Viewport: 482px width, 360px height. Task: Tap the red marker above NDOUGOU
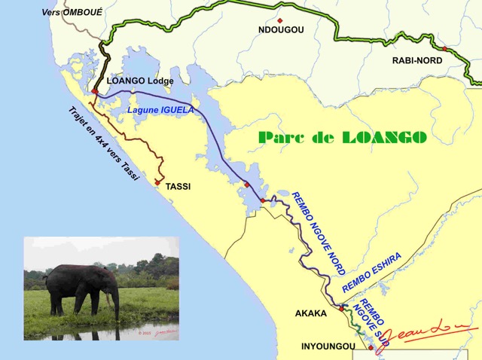click(279, 20)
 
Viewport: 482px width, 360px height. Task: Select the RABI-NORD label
click(416, 61)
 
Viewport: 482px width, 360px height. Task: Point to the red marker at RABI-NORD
click(444, 49)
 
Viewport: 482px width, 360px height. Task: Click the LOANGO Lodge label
click(141, 81)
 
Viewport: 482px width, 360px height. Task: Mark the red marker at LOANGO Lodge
click(95, 92)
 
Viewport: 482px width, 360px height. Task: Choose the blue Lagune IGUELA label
click(160, 110)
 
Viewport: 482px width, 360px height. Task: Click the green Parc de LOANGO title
click(342, 137)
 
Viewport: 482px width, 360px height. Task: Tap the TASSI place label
click(178, 185)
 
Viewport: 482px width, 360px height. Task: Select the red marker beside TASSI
click(157, 182)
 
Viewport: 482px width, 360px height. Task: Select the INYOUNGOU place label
click(329, 346)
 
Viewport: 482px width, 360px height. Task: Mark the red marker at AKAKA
click(340, 308)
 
